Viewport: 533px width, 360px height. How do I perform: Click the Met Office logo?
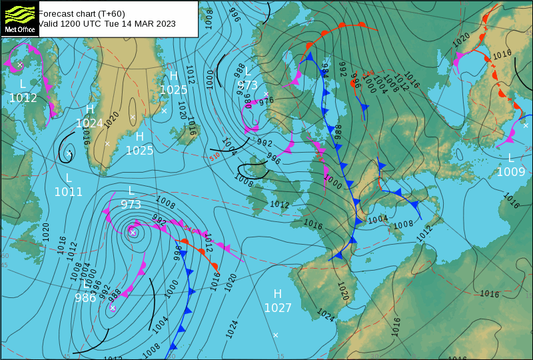(x=19, y=18)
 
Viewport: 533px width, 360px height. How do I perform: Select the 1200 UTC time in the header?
(x=83, y=23)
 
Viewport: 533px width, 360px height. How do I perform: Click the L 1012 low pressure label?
(x=23, y=91)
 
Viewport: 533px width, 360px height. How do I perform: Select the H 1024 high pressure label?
(x=90, y=117)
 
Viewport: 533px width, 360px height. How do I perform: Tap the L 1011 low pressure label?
(x=69, y=185)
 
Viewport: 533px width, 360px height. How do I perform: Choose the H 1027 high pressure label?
(x=278, y=301)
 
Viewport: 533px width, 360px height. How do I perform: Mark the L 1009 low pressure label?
(x=511, y=165)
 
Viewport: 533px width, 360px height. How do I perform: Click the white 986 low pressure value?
(x=85, y=298)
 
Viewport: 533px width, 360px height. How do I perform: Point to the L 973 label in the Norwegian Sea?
(x=247, y=79)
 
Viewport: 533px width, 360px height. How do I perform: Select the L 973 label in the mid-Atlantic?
(x=131, y=197)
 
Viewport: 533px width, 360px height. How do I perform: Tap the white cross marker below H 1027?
(x=275, y=335)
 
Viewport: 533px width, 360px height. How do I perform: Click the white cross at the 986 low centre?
(x=113, y=307)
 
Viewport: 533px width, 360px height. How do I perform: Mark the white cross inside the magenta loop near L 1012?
(x=20, y=65)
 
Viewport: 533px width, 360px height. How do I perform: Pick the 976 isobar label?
(x=266, y=101)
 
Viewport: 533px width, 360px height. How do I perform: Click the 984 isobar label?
(x=325, y=69)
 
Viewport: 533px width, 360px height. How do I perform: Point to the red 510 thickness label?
(x=215, y=157)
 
